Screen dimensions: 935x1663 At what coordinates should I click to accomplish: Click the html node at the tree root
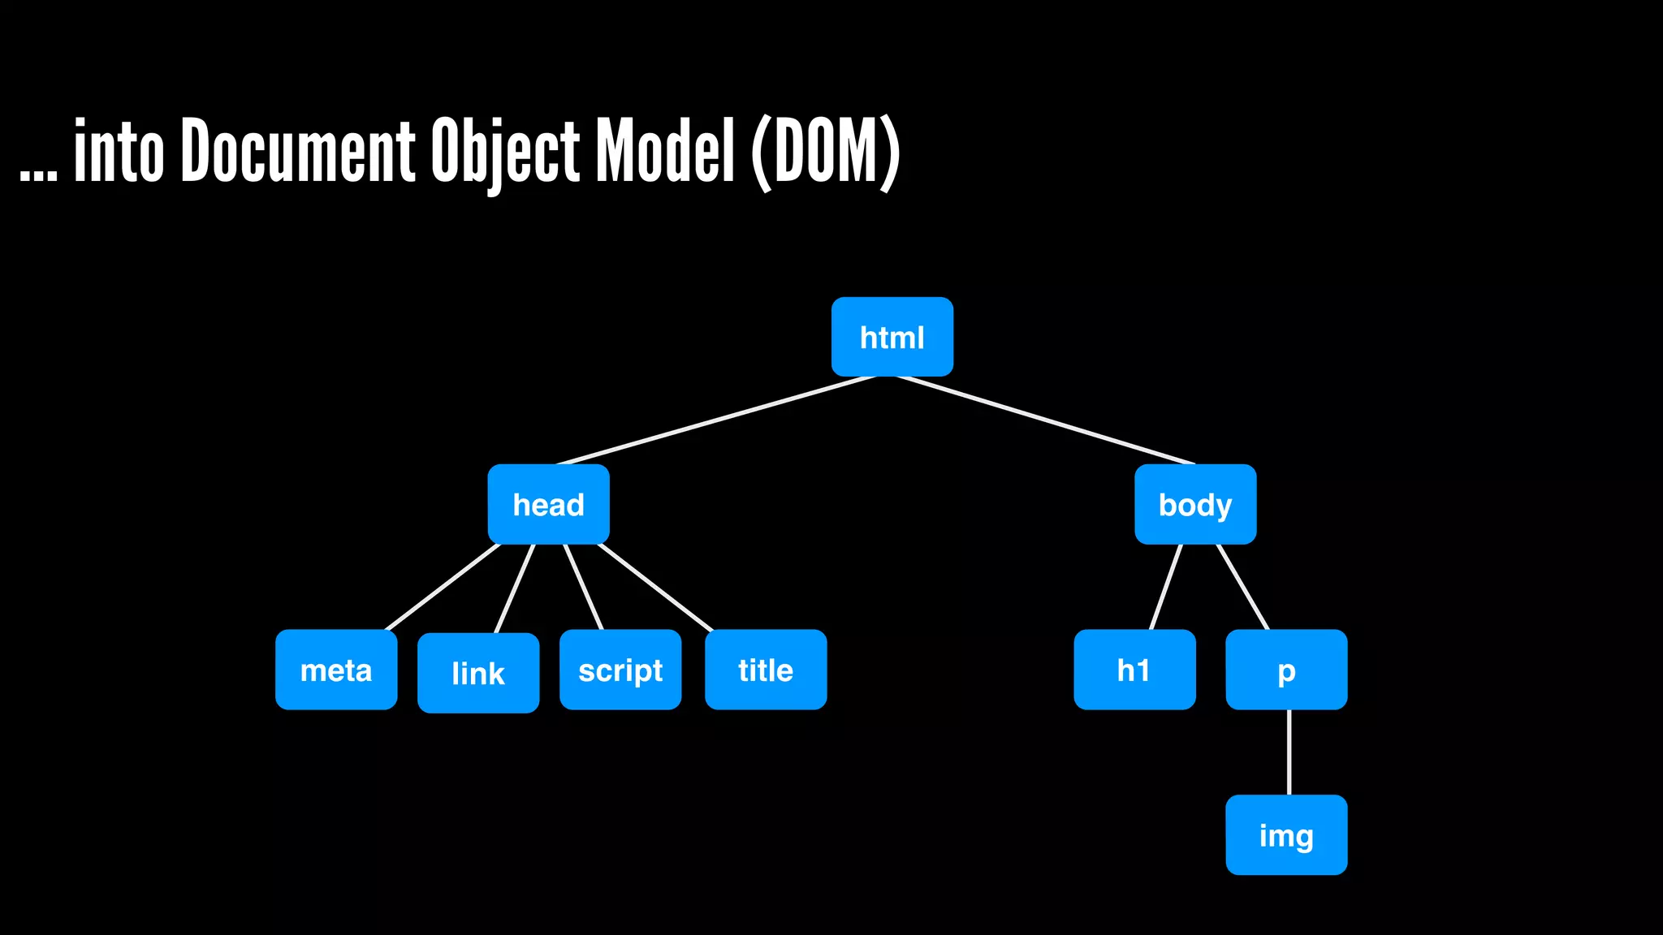pos(892,337)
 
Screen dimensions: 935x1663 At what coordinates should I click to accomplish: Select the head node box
pos(548,504)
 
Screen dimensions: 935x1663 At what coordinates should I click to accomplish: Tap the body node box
pos(1194,504)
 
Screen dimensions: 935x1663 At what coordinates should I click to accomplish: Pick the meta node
pos(336,670)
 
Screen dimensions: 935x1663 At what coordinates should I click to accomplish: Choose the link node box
pos(478,673)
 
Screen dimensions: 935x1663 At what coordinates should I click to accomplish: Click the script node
pos(620,670)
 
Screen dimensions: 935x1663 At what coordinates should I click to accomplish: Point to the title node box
pos(766,670)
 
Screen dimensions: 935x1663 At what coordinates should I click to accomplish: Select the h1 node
pos(1134,670)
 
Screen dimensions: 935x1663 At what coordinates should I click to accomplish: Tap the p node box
pos(1286,670)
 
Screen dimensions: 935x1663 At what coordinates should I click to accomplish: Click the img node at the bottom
pos(1286,834)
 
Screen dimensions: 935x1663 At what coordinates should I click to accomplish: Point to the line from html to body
pos(1046,420)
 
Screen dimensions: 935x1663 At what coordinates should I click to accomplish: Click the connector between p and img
pos(1289,752)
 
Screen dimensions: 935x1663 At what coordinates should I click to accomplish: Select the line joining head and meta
pos(443,586)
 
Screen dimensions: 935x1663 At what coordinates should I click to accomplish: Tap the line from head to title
pos(654,586)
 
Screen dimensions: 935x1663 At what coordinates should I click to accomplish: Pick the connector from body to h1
pos(1166,586)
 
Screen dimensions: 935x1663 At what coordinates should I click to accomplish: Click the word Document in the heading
pos(298,151)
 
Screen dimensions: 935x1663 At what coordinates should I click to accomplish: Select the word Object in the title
pos(505,153)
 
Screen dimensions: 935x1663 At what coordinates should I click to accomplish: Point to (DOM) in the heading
pos(825,153)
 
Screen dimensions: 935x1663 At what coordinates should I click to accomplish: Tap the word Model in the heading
pos(666,151)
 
